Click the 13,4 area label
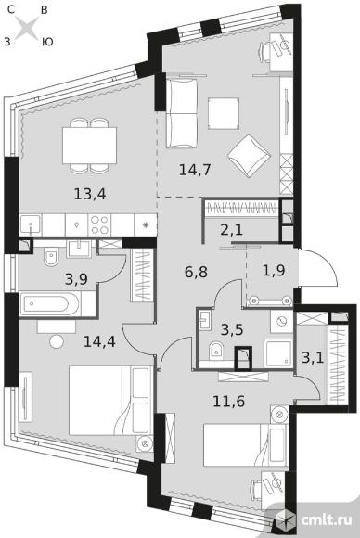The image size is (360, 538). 90,194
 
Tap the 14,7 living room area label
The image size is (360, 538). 195,170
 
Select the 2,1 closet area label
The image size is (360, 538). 232,229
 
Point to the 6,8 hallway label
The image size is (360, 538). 196,273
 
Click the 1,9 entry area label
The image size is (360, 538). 274,271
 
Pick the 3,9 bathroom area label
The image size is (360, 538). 76,279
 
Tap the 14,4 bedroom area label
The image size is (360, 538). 99,341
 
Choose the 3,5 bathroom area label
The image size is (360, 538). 232,329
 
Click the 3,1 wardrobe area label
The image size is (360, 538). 313,358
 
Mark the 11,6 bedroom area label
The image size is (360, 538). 229,401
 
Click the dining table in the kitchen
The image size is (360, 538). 90,145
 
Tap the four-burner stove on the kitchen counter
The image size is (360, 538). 99,224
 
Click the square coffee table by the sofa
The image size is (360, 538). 224,113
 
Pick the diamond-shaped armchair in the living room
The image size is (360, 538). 250,156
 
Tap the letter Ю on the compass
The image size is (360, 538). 47,42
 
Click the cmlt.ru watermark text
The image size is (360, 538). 327,519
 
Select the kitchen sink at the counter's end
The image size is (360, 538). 31,225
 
